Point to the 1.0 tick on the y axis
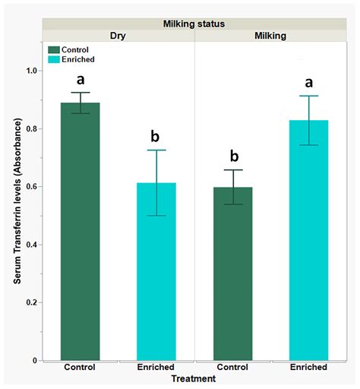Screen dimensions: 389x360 pyautogui.click(x=33, y=71)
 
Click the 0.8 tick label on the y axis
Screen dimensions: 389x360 pyautogui.click(x=33, y=128)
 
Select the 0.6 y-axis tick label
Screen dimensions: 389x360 pyautogui.click(x=33, y=186)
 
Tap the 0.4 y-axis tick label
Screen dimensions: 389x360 pyautogui.click(x=33, y=245)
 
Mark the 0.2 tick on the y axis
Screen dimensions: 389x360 pyautogui.click(x=33, y=302)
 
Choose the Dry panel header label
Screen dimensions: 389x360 pyautogui.click(x=118, y=36)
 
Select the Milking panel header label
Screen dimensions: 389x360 pyautogui.click(x=271, y=36)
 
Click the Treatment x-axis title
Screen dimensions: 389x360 pyautogui.click(x=194, y=378)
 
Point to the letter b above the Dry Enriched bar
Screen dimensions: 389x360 pyautogui.click(x=156, y=137)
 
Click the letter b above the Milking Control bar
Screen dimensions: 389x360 pyautogui.click(x=233, y=156)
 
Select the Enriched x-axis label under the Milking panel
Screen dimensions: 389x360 pyautogui.click(x=308, y=367)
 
